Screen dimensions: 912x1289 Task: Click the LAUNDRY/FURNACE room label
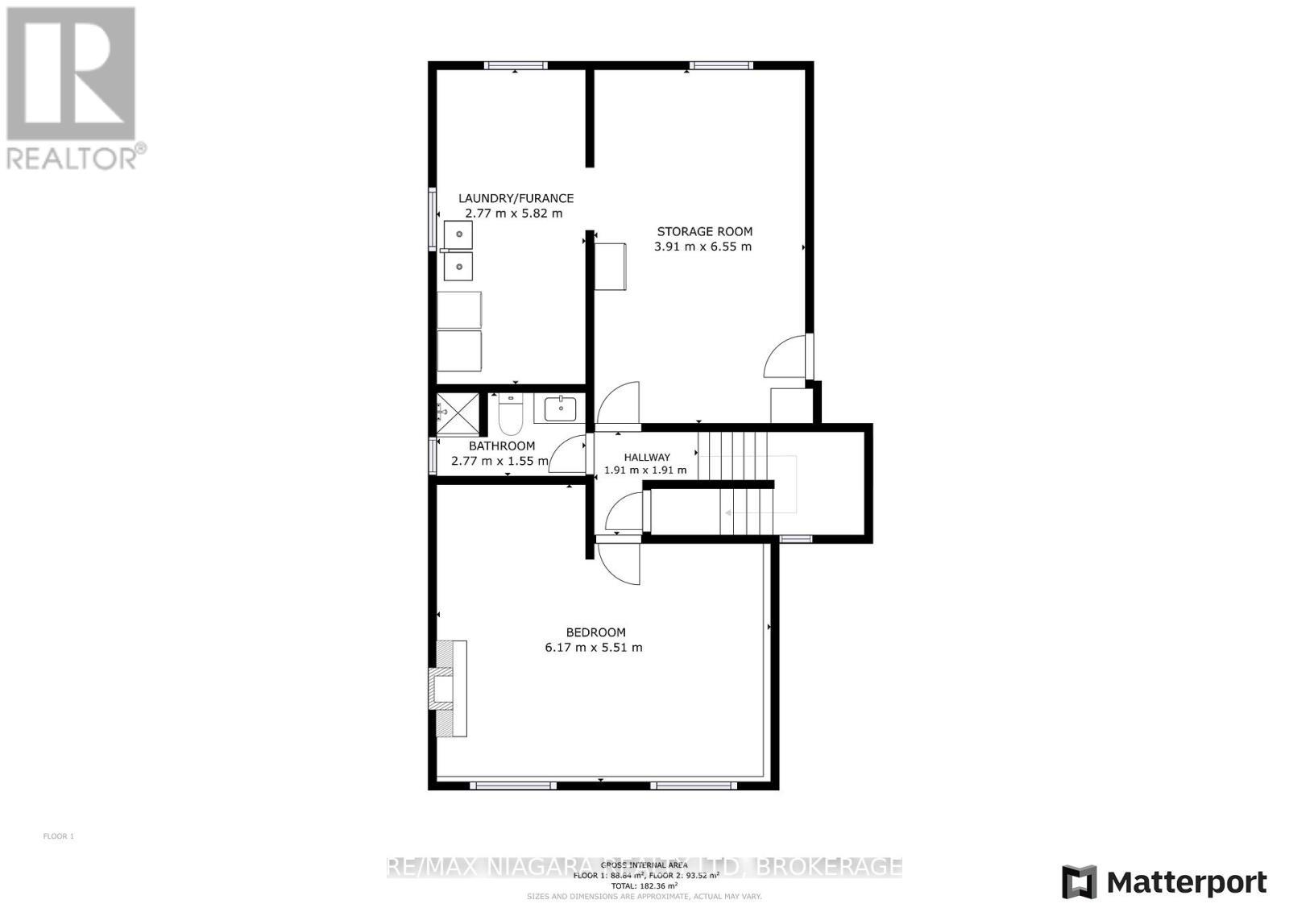[x=516, y=198]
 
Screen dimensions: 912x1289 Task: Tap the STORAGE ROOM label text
[x=704, y=231]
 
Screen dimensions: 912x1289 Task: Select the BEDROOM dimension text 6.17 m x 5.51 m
[x=594, y=647]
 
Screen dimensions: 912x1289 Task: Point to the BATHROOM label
[x=502, y=446]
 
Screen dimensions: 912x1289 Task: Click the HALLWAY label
[x=646, y=457]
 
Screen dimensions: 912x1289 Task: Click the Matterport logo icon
[x=1079, y=881]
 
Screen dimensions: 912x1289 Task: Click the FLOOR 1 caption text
[x=58, y=836]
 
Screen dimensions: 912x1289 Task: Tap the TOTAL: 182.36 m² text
[x=644, y=885]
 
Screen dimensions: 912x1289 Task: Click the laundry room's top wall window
[x=516, y=65]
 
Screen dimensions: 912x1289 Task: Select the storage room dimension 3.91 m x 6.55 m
[x=703, y=247]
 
